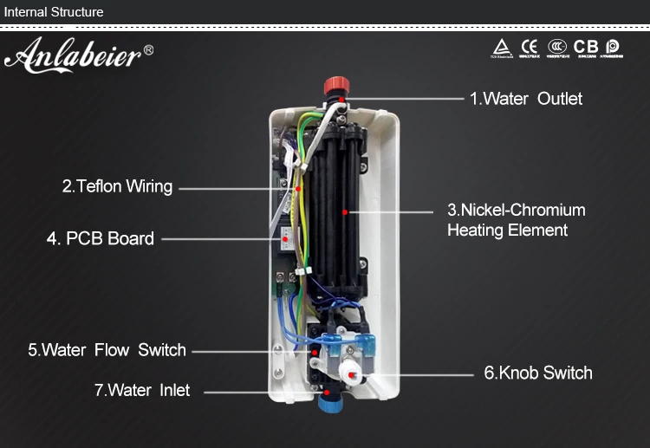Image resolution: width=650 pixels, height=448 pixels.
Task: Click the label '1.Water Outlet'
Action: click(525, 99)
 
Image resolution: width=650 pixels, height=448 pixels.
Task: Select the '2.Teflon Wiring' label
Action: click(117, 186)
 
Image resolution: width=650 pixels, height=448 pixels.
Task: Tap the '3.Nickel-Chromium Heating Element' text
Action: click(516, 220)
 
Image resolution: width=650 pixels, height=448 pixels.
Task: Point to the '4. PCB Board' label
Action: click(100, 238)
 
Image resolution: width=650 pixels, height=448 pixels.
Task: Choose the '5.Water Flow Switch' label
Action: click(107, 350)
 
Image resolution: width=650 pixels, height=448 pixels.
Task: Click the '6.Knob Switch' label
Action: click(537, 373)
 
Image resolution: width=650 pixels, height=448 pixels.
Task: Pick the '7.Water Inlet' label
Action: click(141, 390)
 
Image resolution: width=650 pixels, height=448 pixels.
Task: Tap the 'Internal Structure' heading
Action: click(53, 12)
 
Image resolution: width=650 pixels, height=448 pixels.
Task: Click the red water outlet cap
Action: click(335, 86)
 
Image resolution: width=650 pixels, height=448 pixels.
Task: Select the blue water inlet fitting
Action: click(331, 400)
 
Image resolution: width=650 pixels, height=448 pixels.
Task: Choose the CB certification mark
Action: click(586, 45)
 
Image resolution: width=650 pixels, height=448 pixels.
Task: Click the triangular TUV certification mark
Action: click(500, 45)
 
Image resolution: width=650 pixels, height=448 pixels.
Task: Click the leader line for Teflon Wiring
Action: click(234, 186)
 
